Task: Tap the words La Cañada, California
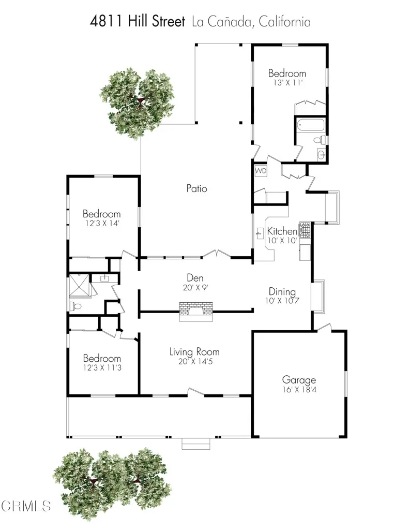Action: tap(251, 22)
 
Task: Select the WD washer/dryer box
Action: tap(261, 170)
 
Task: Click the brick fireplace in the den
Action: tap(195, 312)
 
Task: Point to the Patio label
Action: tap(196, 189)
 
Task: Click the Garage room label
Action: tap(298, 379)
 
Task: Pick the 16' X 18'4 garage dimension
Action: tap(298, 389)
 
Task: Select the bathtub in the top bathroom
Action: tap(310, 125)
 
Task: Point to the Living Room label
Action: tap(194, 352)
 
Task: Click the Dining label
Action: tap(282, 291)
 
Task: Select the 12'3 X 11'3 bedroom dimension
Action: tap(102, 368)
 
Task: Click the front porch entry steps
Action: tap(196, 444)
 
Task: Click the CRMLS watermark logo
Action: tap(26, 505)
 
